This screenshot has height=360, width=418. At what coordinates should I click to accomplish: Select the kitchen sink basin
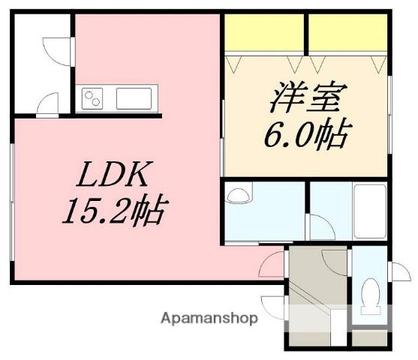point(135,98)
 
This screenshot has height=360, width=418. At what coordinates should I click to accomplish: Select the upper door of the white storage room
point(56,49)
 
